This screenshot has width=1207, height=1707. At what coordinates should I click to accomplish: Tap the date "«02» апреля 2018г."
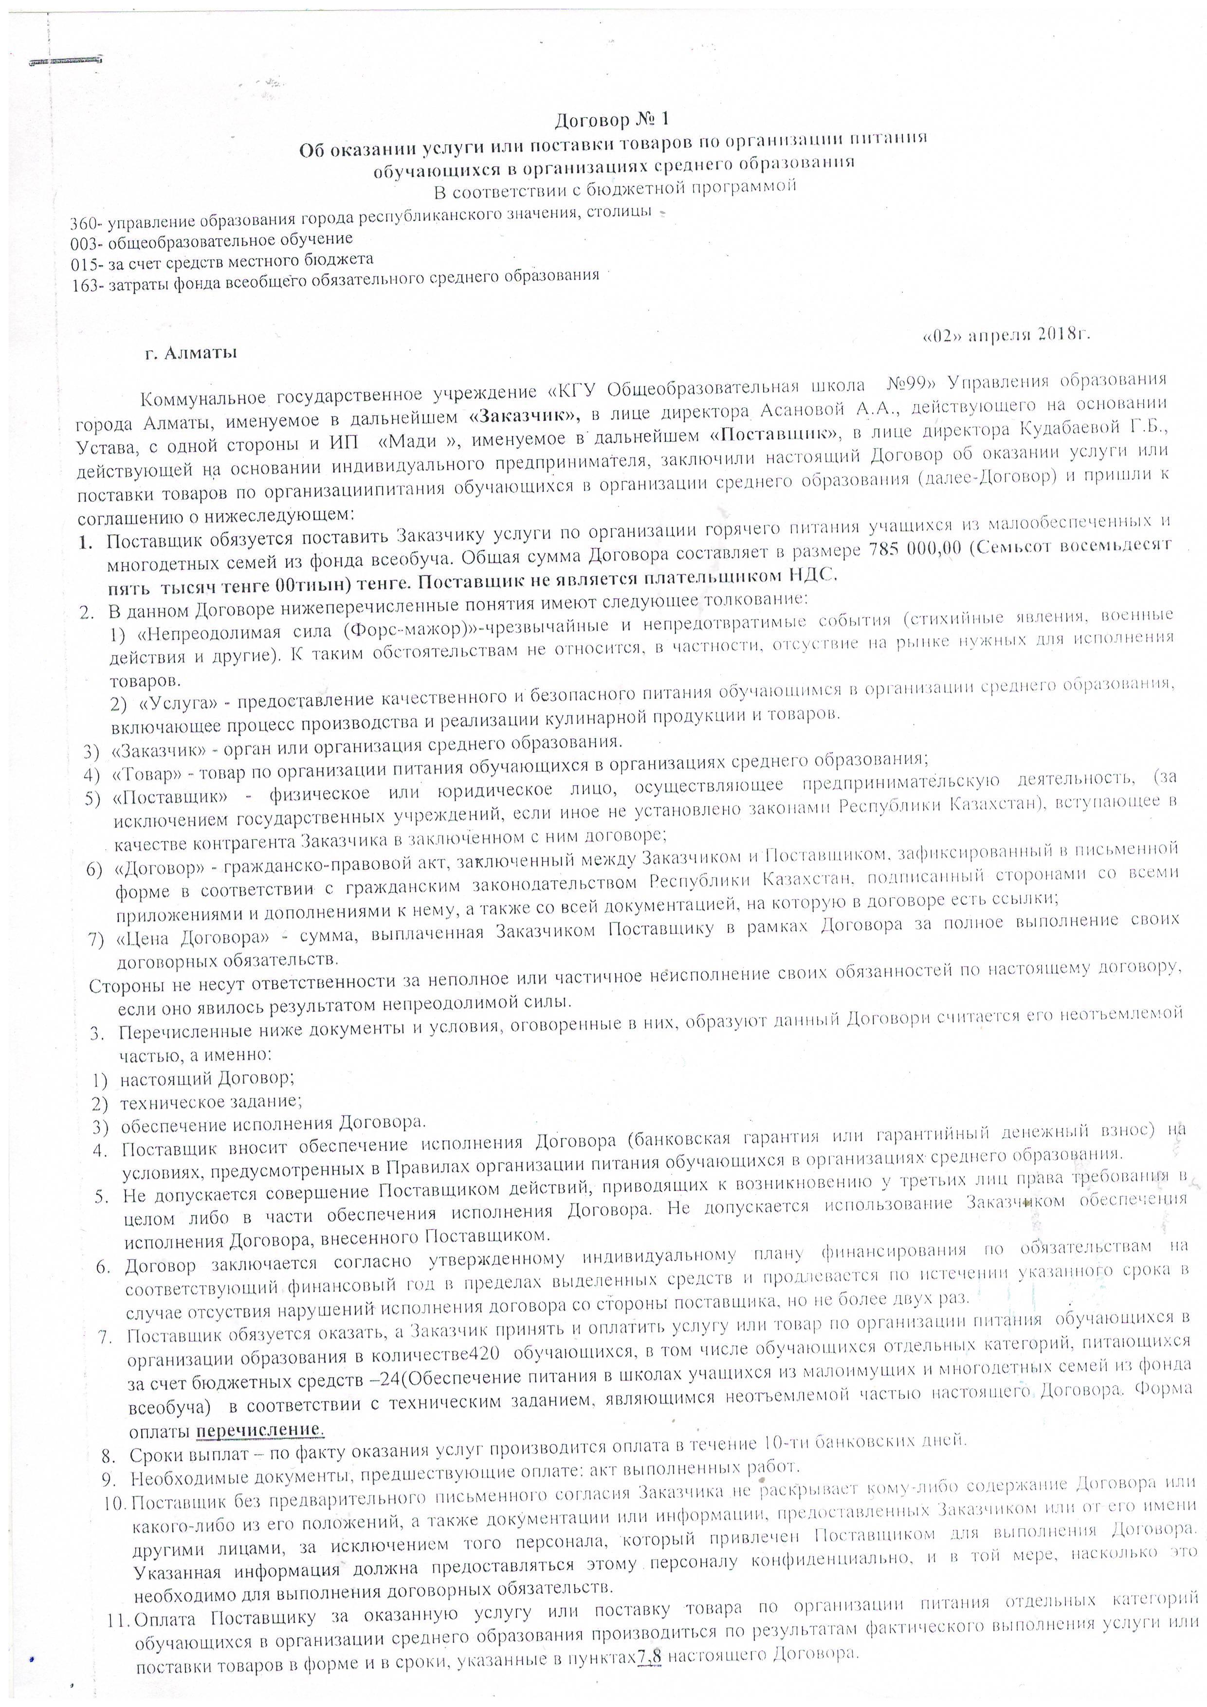coord(1006,335)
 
